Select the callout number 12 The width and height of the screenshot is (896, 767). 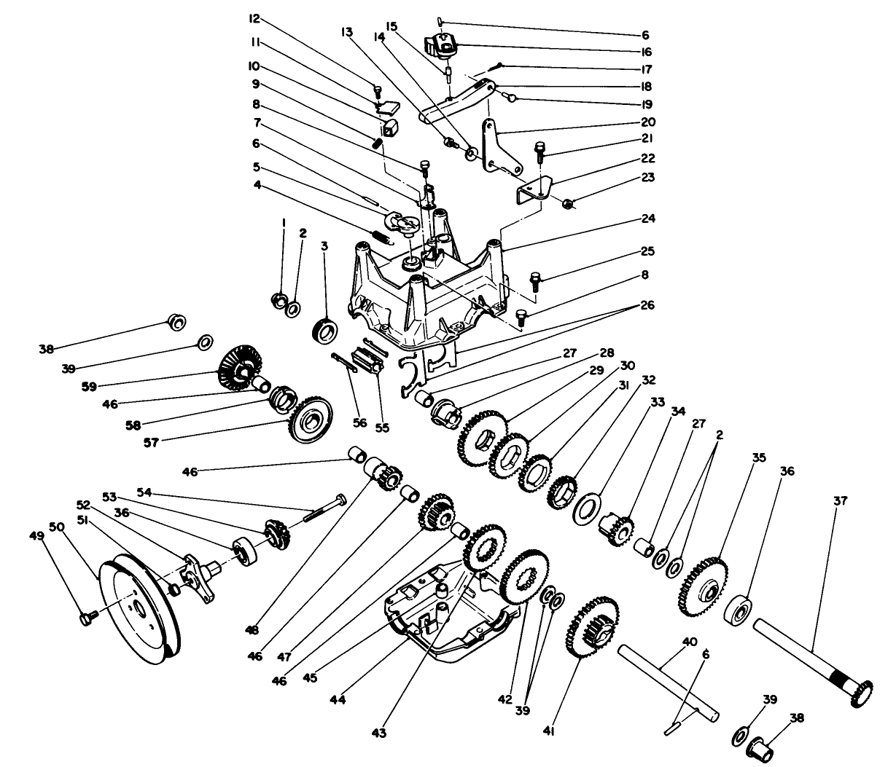click(x=355, y=19)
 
